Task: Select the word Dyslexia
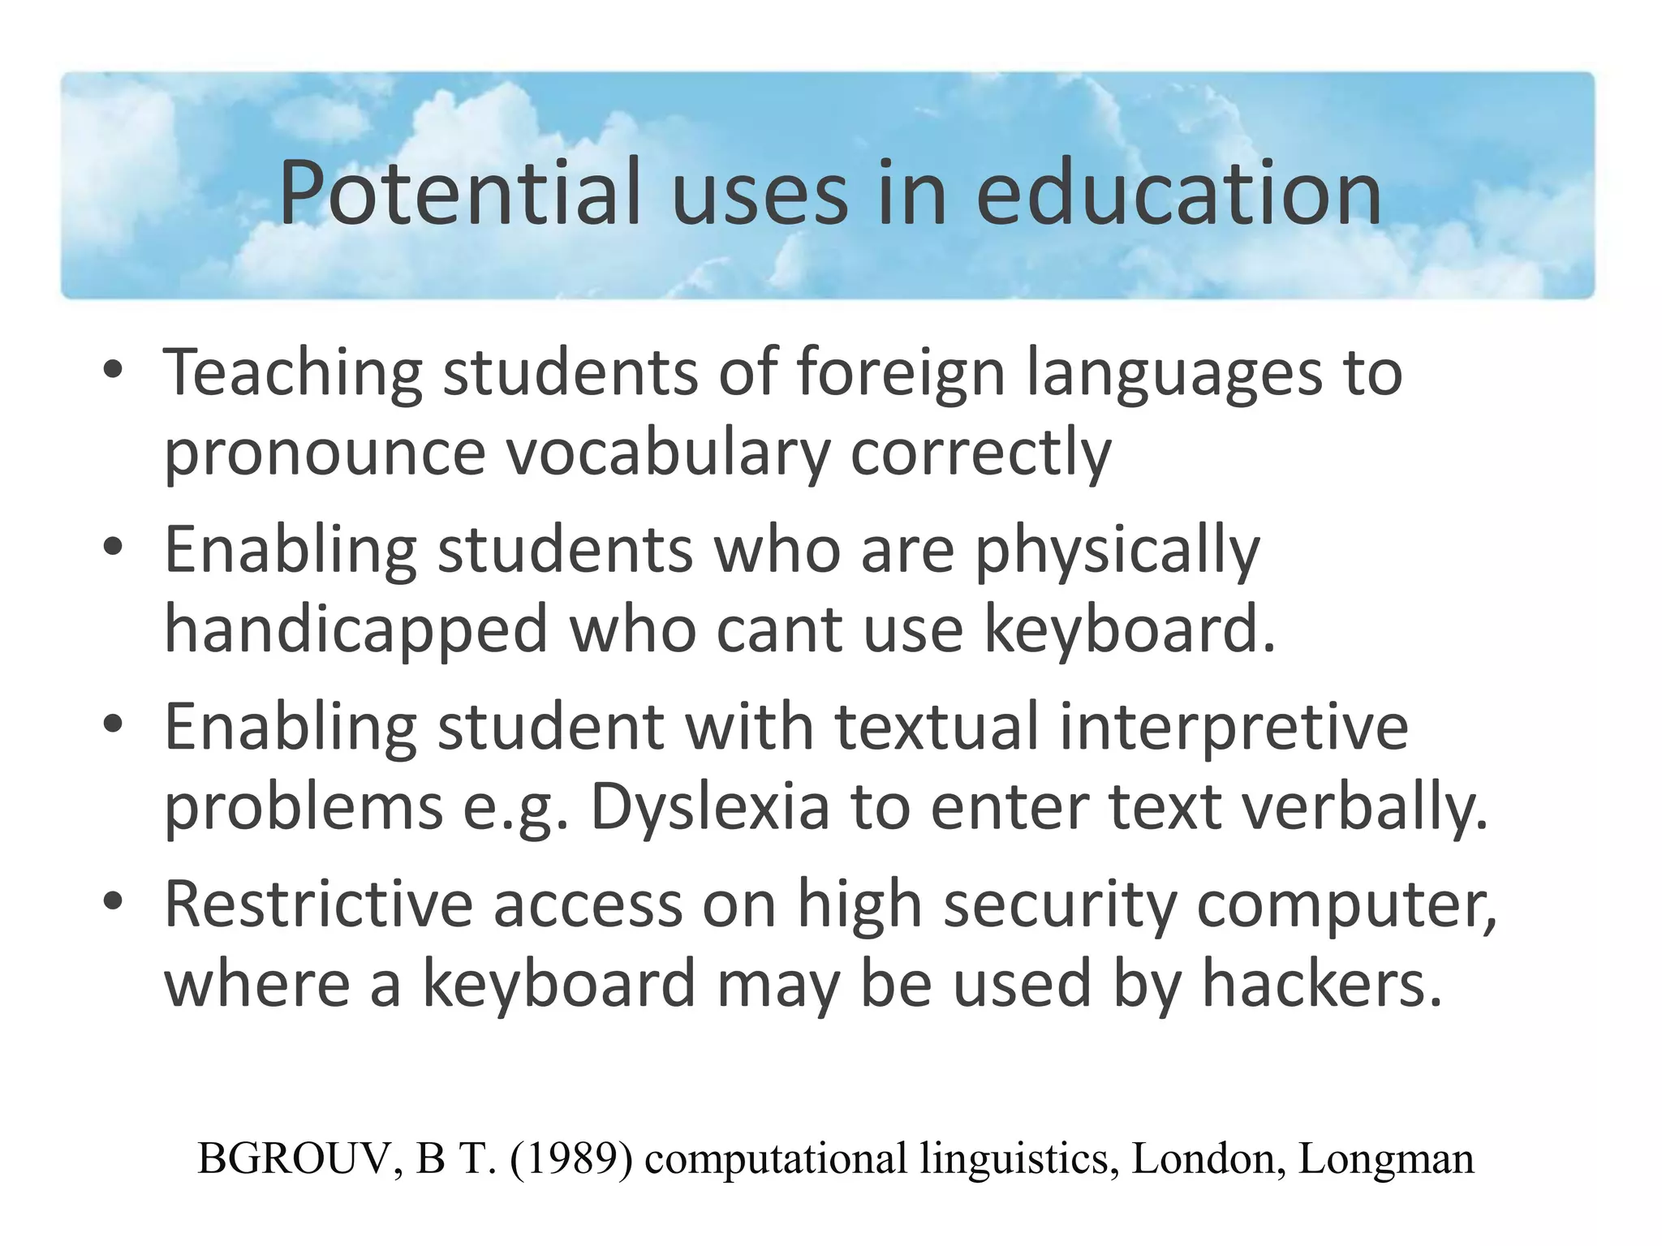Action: pos(710,809)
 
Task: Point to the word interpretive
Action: pos(1234,727)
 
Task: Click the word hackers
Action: pos(1323,983)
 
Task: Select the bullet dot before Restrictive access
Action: pos(113,901)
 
